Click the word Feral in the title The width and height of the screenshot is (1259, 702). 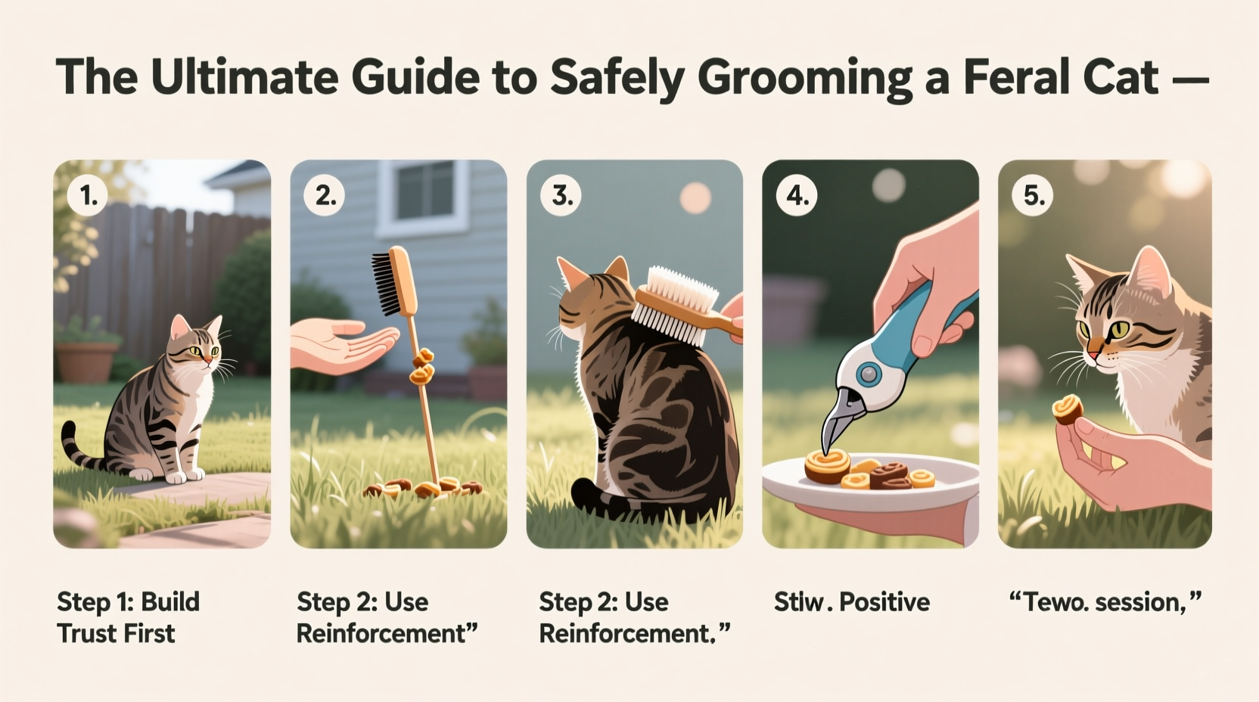coord(1004,78)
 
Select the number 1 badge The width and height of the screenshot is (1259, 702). coord(89,196)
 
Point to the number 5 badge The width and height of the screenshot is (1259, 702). coord(1034,196)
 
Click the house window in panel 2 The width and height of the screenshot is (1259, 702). coord(426,191)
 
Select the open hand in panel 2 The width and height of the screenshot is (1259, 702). coord(337,344)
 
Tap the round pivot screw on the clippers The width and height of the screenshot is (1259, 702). coord(869,374)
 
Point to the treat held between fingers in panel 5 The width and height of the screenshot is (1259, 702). coord(1068,409)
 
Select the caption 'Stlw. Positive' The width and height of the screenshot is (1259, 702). coord(851,602)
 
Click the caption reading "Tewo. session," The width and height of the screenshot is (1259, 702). coord(1105,602)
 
